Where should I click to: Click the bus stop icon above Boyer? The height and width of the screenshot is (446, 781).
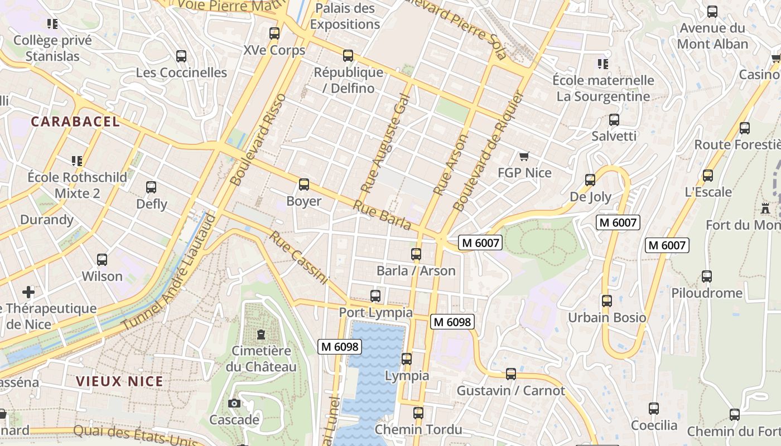(304, 184)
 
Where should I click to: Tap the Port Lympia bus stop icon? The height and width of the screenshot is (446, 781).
(375, 295)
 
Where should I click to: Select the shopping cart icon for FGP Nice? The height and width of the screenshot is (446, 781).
(523, 156)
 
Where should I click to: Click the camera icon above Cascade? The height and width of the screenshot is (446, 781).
(234, 403)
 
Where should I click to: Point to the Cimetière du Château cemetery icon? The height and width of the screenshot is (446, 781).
(261, 334)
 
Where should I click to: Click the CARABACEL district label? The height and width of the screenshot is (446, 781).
(75, 122)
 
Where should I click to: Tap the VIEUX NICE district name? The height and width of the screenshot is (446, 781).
(119, 381)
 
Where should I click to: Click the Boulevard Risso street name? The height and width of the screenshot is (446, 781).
(258, 139)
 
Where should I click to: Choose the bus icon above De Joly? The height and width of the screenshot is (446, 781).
(590, 180)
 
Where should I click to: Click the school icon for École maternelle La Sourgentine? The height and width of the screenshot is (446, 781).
(602, 64)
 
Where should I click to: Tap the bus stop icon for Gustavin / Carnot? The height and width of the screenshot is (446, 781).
(510, 374)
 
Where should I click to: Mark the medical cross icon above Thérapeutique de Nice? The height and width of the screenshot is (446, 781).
(28, 292)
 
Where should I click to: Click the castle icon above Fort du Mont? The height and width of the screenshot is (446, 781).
(765, 209)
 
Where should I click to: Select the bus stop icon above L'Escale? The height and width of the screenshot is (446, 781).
(708, 175)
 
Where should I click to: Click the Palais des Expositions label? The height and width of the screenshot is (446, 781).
(345, 16)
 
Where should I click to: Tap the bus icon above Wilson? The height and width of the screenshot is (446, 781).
(102, 259)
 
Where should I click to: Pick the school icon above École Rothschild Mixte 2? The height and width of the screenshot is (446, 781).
(77, 161)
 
